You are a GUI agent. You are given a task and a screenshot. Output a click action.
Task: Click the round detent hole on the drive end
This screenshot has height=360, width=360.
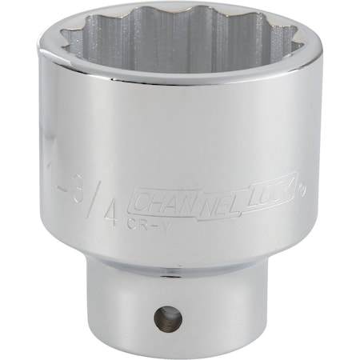pyautogui.click(x=168, y=320)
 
